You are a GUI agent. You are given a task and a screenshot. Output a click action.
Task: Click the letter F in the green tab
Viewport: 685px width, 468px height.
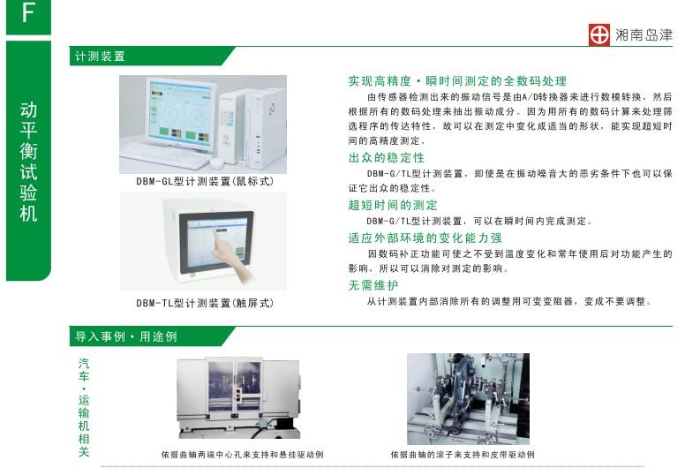(x=28, y=15)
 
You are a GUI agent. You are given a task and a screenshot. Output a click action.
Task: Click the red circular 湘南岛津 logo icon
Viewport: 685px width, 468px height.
(x=600, y=34)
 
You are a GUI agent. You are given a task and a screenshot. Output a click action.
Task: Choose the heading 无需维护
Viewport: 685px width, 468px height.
(x=373, y=285)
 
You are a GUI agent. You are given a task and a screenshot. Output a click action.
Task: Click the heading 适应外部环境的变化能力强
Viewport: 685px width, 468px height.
(x=425, y=238)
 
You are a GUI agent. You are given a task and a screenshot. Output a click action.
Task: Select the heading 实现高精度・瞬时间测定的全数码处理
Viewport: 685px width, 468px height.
(x=457, y=80)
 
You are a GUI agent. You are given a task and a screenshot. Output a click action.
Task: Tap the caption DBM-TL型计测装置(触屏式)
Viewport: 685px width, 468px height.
(x=204, y=303)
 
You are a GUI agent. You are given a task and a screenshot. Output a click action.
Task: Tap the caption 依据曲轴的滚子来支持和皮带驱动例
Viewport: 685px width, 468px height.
(x=463, y=455)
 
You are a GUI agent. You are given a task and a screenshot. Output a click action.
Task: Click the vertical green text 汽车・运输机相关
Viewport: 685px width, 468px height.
(x=84, y=407)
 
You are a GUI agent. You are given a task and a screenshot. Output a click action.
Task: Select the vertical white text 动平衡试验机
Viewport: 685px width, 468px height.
(x=28, y=161)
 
